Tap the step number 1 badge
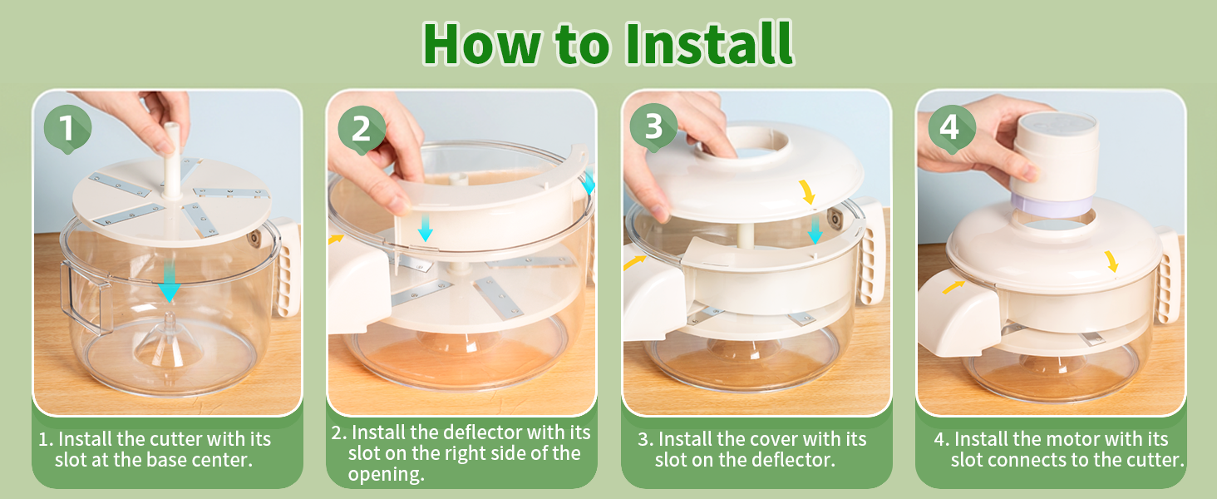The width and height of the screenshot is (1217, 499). [x=67, y=129]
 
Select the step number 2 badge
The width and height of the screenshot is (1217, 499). [x=362, y=130]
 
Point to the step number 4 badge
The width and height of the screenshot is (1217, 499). [x=951, y=129]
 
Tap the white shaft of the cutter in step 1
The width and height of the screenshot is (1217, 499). [x=172, y=161]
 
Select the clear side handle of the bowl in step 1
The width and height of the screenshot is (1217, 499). [x=81, y=296]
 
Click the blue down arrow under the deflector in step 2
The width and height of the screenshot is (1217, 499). [x=426, y=229]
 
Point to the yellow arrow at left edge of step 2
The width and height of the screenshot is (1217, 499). [x=337, y=239]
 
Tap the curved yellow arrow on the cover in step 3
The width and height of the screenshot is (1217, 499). [x=808, y=192]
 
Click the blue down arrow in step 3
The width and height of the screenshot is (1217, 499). [x=815, y=230]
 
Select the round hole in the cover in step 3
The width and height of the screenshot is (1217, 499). [x=754, y=141]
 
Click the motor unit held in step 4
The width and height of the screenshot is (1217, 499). [x=1055, y=164]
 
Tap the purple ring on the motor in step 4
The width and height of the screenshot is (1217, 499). [x=1052, y=206]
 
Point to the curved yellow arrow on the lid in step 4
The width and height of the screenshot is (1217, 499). [x=1111, y=261]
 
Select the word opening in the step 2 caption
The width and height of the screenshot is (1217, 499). [x=386, y=475]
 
